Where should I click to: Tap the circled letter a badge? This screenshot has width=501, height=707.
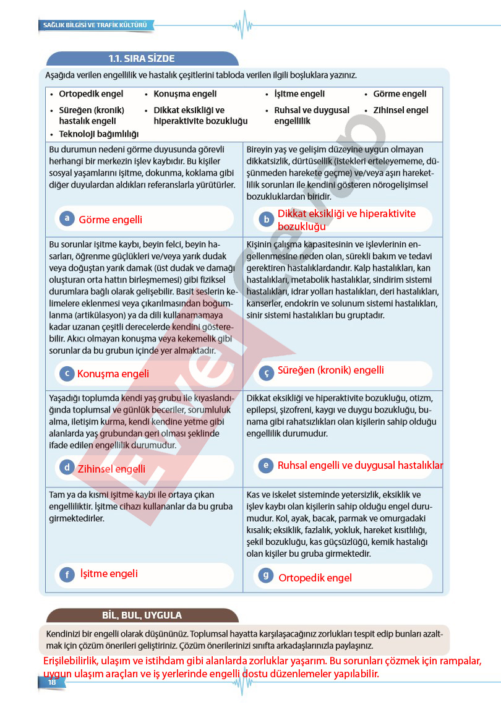pos(66,218)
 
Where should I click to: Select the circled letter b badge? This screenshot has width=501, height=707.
pos(266,219)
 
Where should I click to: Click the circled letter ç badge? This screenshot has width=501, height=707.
pos(266,373)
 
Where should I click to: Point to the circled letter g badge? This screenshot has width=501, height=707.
pos(265,576)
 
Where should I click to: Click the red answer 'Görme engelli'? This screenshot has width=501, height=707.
pos(110,220)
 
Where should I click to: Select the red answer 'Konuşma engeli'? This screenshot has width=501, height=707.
pos(113,374)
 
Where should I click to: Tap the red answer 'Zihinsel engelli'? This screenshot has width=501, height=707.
pos(111,469)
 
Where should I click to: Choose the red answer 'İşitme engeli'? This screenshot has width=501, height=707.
pos(109,573)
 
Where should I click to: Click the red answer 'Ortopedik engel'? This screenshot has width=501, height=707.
pos(315,578)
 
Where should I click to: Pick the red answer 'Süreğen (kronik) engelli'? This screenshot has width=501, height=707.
pos(330,371)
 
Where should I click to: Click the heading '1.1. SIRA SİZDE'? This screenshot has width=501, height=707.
pos(142,59)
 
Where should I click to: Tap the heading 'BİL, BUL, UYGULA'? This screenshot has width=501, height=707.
pos(142,615)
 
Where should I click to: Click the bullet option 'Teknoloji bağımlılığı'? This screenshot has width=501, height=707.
pos(98,134)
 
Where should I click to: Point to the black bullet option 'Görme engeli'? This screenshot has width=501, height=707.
pos(400,94)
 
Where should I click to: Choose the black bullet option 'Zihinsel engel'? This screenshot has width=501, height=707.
pos(400,110)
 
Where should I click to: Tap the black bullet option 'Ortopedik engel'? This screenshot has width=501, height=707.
pos(91,94)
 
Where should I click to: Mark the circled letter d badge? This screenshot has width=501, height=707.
pos(66,468)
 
